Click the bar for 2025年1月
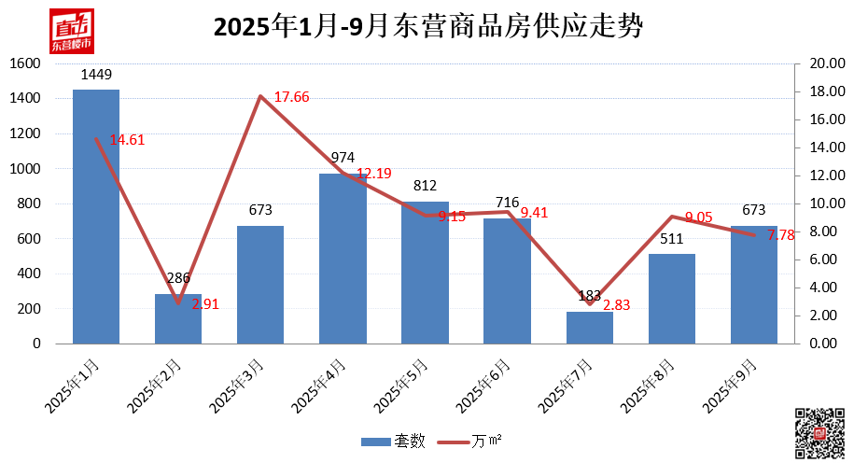pos(96,217)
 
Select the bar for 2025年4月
pos(343,259)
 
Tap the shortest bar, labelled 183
pos(589,328)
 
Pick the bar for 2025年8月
pos(671,299)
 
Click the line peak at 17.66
pos(261,96)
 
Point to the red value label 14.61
pos(127,140)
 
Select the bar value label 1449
pos(96,74)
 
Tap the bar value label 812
pos(425,186)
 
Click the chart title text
pos(427,27)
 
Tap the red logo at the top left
pos(72,32)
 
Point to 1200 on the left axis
pos(25,133)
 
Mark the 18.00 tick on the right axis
pos(818,91)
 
